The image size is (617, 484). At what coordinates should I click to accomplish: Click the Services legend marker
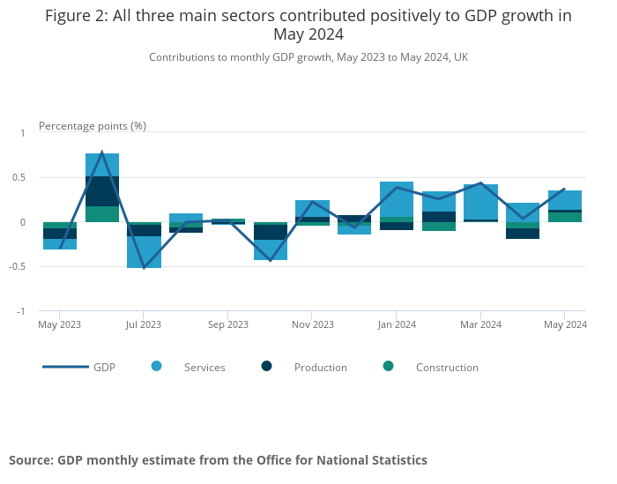(157, 367)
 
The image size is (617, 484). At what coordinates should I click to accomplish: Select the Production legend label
(320, 368)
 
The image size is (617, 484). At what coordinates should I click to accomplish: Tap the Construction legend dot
(388, 367)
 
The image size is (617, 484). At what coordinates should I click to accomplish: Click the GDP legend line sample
(65, 367)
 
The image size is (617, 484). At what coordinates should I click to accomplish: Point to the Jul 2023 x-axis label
(144, 324)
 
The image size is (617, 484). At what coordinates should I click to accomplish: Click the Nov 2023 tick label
(312, 324)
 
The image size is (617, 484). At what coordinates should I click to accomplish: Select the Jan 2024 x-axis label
(397, 324)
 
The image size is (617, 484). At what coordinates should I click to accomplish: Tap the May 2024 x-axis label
(565, 324)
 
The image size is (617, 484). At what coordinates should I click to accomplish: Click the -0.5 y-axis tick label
(19, 267)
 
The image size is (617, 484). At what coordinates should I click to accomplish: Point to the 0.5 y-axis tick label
(20, 178)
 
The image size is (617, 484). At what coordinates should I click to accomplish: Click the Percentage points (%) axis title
(93, 125)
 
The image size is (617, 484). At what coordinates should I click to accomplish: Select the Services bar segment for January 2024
(397, 199)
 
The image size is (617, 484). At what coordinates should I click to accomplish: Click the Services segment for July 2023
(144, 252)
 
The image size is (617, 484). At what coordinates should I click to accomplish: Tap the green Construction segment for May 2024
(565, 217)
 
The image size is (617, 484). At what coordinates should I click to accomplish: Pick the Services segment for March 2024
(480, 202)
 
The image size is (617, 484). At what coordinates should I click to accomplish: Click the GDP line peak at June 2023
(102, 153)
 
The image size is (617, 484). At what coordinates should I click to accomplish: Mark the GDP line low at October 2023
(270, 260)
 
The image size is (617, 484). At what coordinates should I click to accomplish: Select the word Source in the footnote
(30, 460)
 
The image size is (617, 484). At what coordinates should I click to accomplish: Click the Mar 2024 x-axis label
(480, 324)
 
